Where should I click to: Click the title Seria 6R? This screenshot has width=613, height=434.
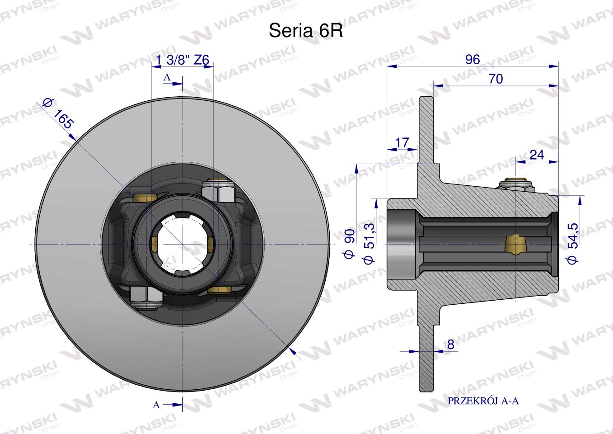coord(306,30)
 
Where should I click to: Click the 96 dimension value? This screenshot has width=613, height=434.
coord(473,59)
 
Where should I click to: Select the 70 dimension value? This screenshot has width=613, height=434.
coord(496,79)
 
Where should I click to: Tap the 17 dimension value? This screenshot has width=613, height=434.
coord(402,143)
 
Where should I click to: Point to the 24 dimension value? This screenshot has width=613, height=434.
coord(537,155)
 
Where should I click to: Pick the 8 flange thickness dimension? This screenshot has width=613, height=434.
coord(451,344)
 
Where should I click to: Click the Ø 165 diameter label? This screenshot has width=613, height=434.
coord(59,113)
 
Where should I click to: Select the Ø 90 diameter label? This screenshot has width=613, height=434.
coord(349,244)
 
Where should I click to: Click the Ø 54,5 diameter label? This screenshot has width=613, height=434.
coord(573,243)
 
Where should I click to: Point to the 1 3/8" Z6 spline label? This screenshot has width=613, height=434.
coord(182,60)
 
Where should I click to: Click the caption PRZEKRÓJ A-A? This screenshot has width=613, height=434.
coord(483,401)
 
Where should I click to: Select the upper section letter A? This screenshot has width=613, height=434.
coord(167,77)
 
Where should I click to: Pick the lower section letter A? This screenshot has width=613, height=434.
coord(156,405)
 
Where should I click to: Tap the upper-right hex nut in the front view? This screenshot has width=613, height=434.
coord(218,191)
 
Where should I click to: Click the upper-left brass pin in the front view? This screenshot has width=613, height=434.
coord(145,198)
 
